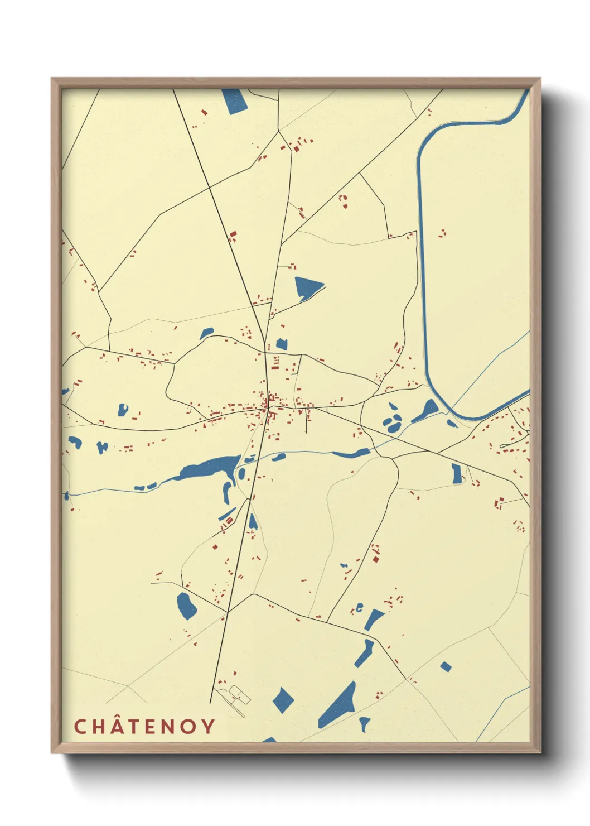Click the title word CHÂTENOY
[x=144, y=726]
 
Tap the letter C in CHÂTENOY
[x=80, y=726]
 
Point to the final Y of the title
[x=208, y=726]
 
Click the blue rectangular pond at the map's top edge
[x=234, y=101]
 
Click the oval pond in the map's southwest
[x=186, y=606]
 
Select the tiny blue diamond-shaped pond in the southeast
[x=445, y=666]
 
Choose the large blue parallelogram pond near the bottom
[x=338, y=706]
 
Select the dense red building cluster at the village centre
[x=271, y=400]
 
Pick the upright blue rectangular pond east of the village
[x=457, y=473]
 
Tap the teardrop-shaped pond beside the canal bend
[x=427, y=410]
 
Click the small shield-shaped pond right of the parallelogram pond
[x=364, y=723]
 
